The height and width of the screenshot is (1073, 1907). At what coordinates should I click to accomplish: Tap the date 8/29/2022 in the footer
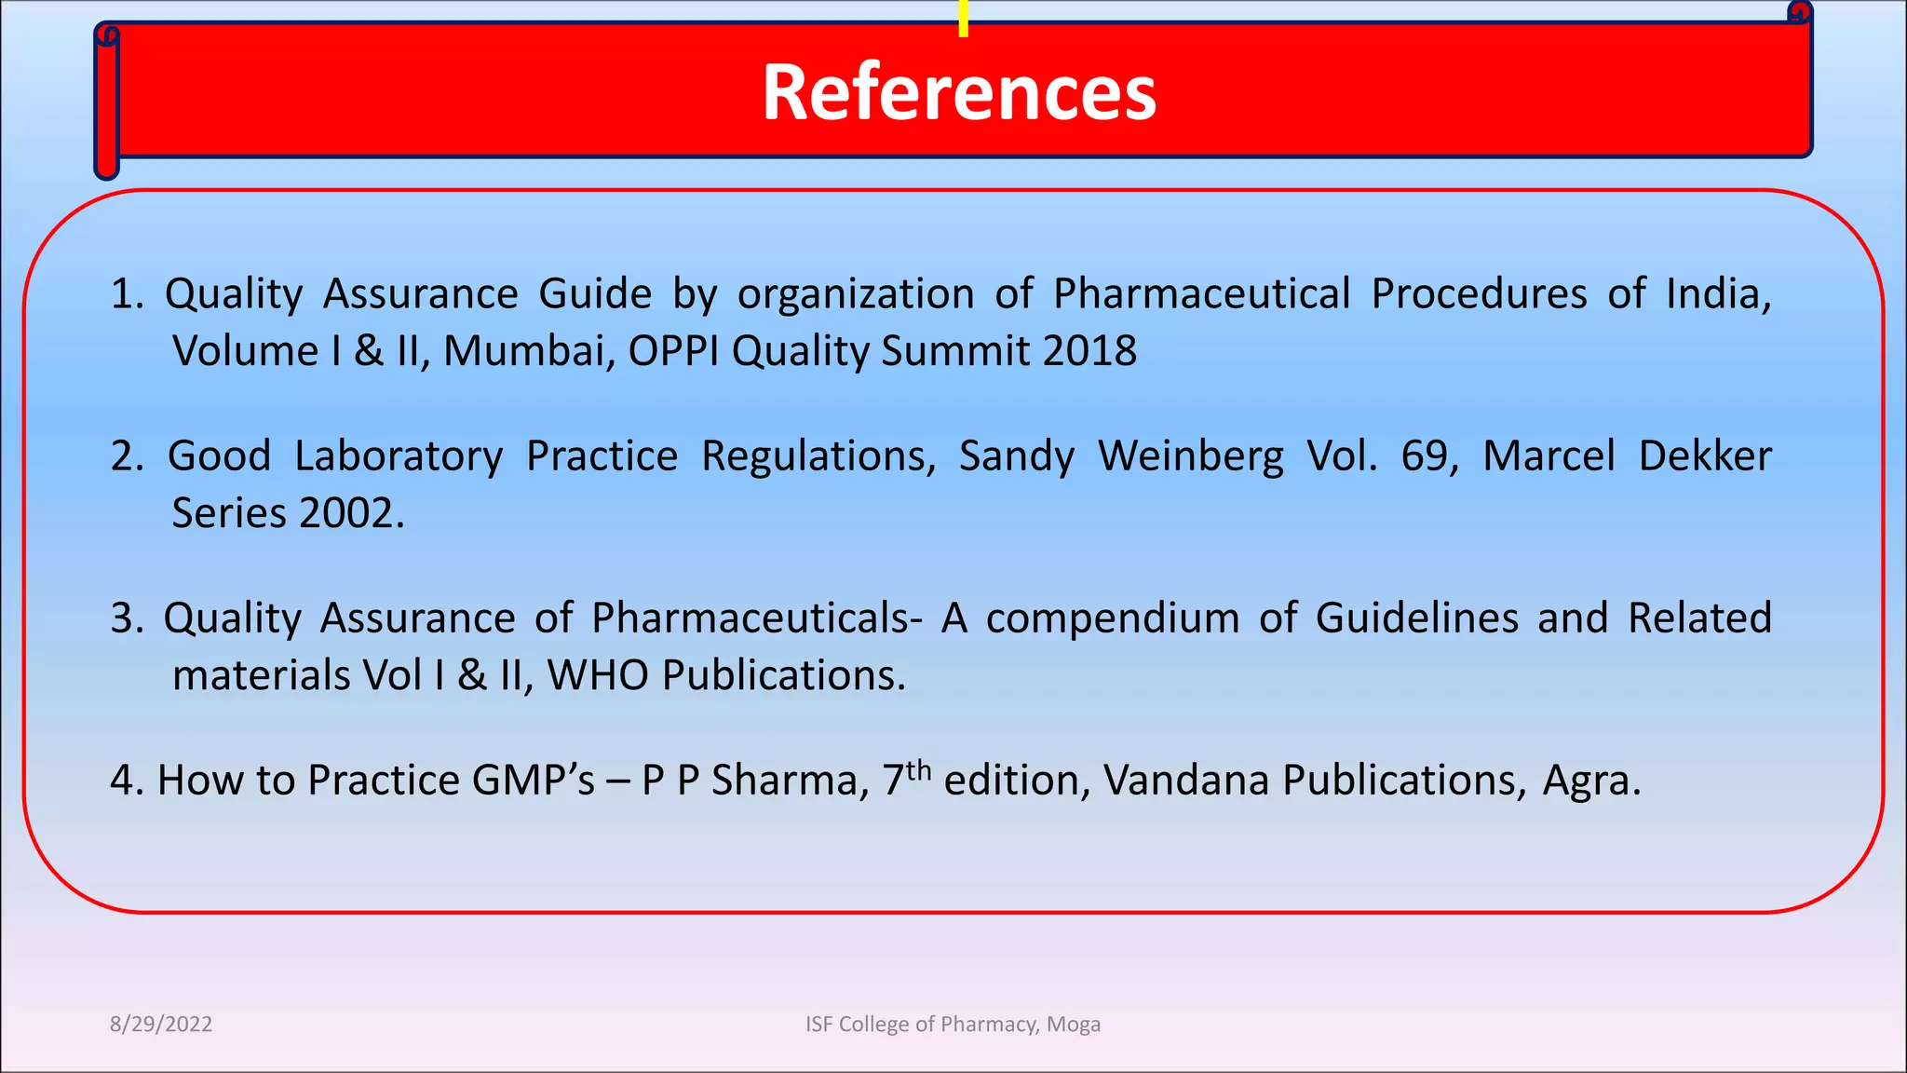click(x=161, y=1024)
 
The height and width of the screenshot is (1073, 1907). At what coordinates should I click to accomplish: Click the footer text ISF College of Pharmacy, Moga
click(x=953, y=1024)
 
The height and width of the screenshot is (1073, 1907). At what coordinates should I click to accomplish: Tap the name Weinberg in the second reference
click(x=1190, y=456)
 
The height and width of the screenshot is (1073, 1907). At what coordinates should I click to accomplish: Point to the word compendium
click(x=1113, y=618)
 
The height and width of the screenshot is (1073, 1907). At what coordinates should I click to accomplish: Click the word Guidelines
click(x=1416, y=618)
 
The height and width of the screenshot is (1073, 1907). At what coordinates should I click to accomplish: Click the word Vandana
click(x=1185, y=781)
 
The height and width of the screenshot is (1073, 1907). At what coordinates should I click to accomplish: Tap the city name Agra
click(x=1589, y=781)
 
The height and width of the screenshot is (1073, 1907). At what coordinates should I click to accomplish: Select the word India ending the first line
click(x=1717, y=294)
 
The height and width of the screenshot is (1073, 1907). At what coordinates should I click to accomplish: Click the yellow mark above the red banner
click(x=963, y=19)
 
